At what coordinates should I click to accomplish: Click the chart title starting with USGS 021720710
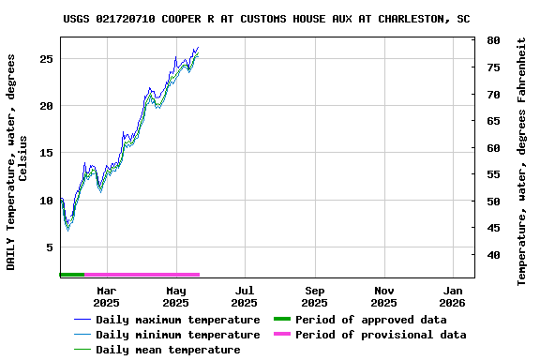(x=267, y=18)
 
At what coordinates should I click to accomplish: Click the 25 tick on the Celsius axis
(x=46, y=58)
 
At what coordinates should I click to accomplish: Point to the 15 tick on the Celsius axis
(x=46, y=153)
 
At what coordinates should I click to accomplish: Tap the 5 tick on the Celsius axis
(x=50, y=247)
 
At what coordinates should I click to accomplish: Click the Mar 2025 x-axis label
(x=106, y=296)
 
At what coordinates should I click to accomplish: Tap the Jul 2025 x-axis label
(x=244, y=296)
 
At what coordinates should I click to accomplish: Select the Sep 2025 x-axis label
(x=314, y=296)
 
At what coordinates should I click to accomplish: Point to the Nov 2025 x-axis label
(x=383, y=296)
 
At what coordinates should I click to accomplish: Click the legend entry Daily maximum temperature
(x=177, y=320)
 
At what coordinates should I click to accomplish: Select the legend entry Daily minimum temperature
(x=177, y=335)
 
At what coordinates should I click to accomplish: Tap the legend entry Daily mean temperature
(x=168, y=350)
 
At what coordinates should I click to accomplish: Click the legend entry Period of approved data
(x=370, y=320)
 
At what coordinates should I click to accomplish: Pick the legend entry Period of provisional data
(x=380, y=335)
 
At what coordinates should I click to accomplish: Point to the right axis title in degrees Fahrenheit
(x=522, y=161)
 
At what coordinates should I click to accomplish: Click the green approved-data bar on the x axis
(x=72, y=275)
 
